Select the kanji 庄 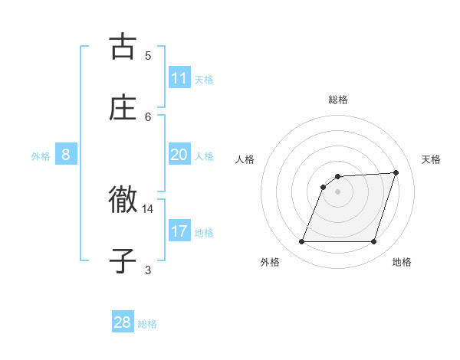click(123, 108)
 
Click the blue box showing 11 click(179, 77)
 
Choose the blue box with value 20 click(179, 154)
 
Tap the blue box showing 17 click(179, 231)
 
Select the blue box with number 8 click(66, 154)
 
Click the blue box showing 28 click(123, 322)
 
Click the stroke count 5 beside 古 click(148, 55)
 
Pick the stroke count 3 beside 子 click(148, 270)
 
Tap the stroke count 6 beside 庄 click(148, 116)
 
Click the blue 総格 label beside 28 click(147, 324)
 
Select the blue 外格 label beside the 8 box click(41, 156)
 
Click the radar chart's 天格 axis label click(431, 159)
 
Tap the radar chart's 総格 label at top click(337, 100)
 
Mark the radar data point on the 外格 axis click(302, 242)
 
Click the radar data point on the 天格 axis click(396, 172)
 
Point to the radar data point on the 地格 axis click(373, 242)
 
